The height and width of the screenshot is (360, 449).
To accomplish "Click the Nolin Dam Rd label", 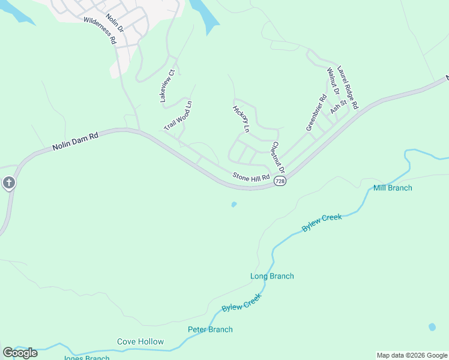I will click(x=75, y=142).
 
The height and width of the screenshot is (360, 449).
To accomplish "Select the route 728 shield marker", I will click(x=279, y=181).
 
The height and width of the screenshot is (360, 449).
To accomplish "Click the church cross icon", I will click(x=8, y=182).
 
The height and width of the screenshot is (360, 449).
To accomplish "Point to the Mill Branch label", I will click(x=393, y=188).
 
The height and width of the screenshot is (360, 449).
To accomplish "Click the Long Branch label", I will click(x=272, y=276).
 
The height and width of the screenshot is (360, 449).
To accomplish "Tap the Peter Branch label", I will click(x=210, y=329).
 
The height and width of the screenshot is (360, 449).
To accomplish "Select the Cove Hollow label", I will click(x=140, y=341).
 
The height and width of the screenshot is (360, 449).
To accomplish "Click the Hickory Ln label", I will click(x=241, y=118).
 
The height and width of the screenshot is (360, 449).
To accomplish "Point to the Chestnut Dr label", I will click(x=277, y=157).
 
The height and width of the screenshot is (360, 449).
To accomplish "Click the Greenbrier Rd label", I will click(x=316, y=113).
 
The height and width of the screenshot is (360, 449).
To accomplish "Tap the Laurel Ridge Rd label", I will click(x=348, y=87).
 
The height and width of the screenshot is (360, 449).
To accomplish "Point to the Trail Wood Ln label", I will click(x=178, y=116).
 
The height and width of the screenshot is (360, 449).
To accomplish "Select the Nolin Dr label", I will click(x=114, y=23).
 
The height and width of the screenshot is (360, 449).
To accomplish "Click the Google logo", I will click(x=20, y=353).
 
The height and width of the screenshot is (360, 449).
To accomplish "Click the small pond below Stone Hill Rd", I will click(x=234, y=205).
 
